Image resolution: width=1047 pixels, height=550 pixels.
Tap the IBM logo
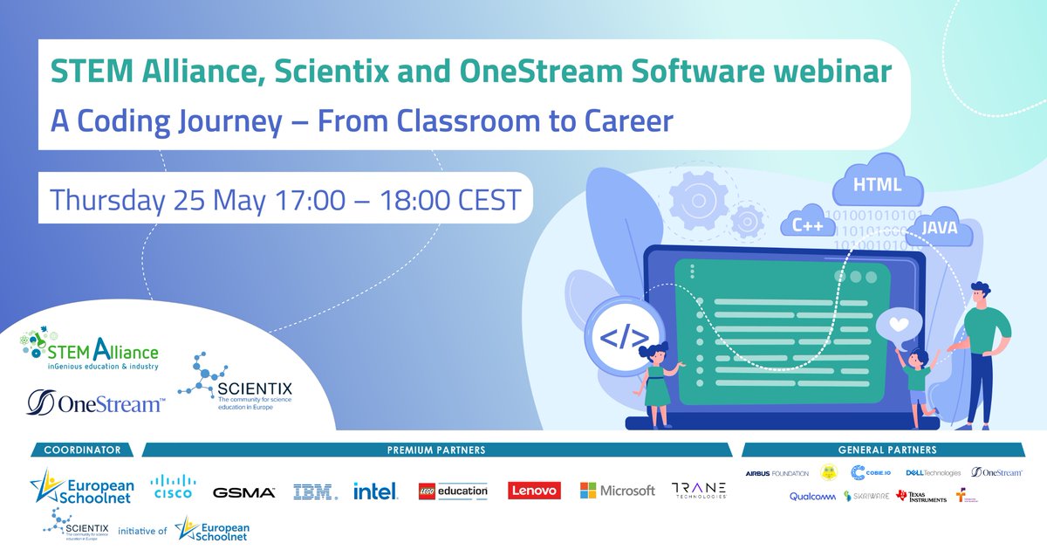click(315, 492)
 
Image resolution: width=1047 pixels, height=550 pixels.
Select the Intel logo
click(376, 492)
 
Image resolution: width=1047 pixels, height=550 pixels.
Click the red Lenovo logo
click(534, 492)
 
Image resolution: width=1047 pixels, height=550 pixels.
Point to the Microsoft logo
click(618, 491)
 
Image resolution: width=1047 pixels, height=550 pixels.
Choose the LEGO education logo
click(453, 492)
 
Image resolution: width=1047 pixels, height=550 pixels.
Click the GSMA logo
click(244, 492)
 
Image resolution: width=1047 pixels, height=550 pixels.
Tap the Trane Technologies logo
click(698, 492)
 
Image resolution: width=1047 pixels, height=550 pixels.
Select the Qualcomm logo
click(812, 496)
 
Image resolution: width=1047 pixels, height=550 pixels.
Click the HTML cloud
click(876, 185)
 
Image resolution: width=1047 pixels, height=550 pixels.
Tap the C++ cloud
click(808, 225)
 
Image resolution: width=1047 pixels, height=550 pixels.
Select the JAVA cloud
click(938, 230)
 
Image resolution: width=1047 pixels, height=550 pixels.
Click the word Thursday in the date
click(106, 200)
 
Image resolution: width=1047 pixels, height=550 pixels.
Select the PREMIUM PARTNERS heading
click(436, 450)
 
